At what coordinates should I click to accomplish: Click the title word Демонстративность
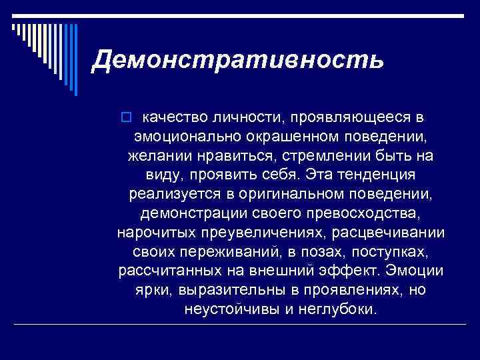pyautogui.click(x=238, y=61)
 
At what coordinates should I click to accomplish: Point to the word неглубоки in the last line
pyautogui.click(x=338, y=311)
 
